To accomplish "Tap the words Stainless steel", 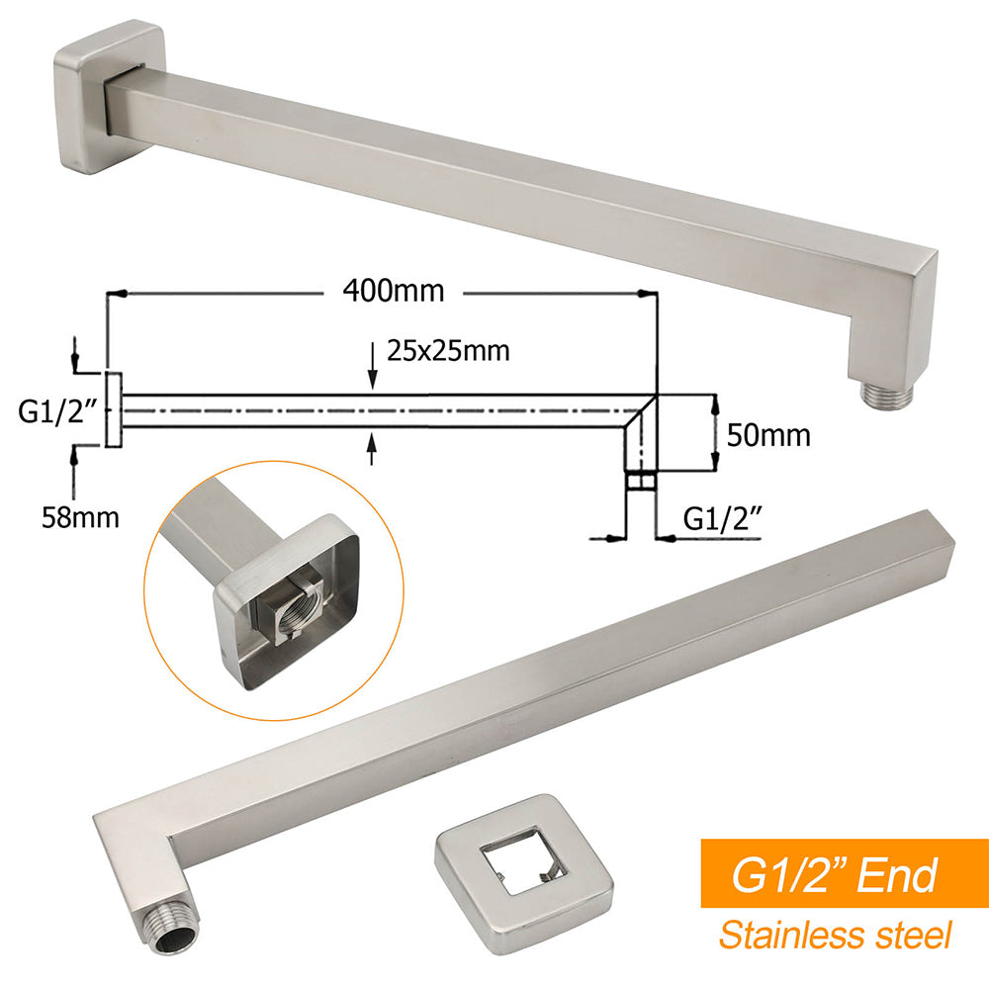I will [835, 934].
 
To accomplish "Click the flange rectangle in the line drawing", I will [113, 409].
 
